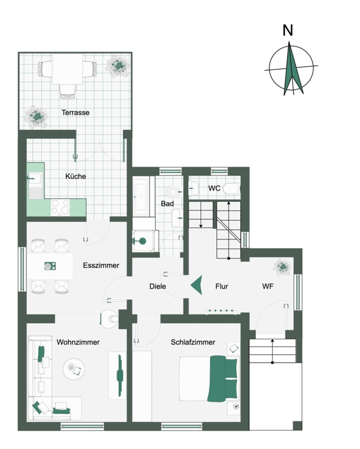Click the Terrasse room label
coord(76,113)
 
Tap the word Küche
coord(76,176)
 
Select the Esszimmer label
coord(101,265)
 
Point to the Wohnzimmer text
coord(78,342)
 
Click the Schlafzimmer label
coord(193,342)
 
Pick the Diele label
coord(158,286)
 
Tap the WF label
coord(268,286)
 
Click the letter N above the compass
coord(288,30)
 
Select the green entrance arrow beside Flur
coord(196,285)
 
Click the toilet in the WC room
coord(231,189)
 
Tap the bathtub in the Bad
coord(142,196)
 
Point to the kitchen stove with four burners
coord(60,208)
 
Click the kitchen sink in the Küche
coord(35,185)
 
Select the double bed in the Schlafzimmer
coord(208,378)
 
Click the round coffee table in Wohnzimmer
coord(74,369)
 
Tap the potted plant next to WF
coord(282,267)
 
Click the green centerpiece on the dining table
coord(50,266)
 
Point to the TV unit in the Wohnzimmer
coord(117,375)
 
